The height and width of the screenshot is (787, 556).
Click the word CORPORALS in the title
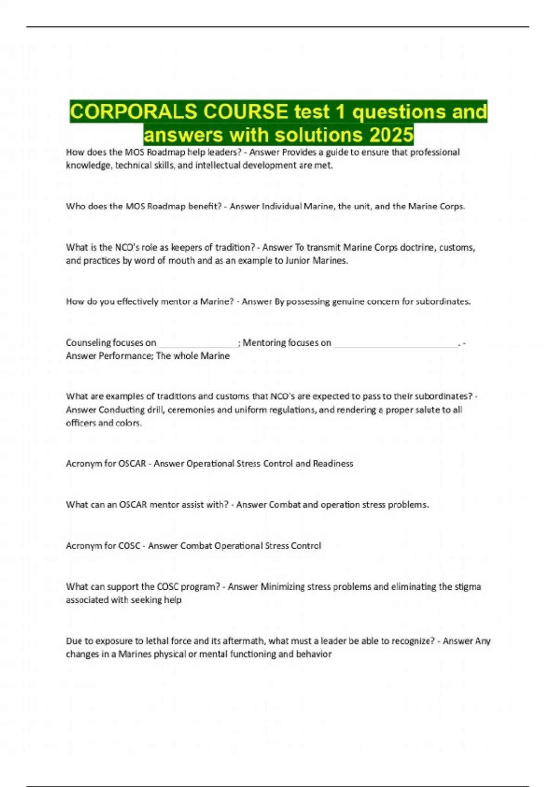click(134, 112)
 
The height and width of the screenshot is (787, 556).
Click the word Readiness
click(333, 464)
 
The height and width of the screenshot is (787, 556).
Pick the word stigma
click(468, 587)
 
